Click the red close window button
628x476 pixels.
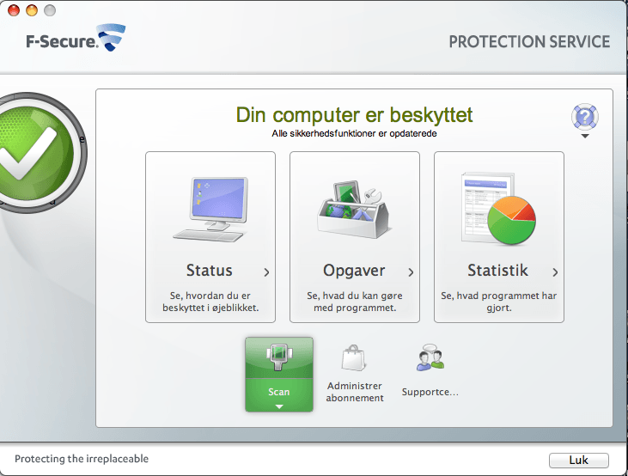[x=13, y=11]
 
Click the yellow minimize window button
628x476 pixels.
[x=32, y=11]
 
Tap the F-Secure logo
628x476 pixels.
[x=76, y=40]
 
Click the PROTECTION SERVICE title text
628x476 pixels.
[x=529, y=42]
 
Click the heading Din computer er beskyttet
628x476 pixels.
[x=354, y=115]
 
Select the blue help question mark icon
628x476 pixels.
[x=584, y=117]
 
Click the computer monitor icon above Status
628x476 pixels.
[x=210, y=209]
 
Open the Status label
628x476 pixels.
[x=210, y=271]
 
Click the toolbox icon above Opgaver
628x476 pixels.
[x=354, y=209]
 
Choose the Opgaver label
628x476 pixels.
[x=354, y=271]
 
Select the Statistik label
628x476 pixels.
[x=498, y=271]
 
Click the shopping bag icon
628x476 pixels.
[x=354, y=358]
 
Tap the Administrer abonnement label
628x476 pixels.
[x=355, y=392]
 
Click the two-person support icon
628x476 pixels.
[x=430, y=358]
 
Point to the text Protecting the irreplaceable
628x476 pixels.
[x=82, y=459]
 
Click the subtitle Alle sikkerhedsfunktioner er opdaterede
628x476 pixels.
[x=354, y=133]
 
